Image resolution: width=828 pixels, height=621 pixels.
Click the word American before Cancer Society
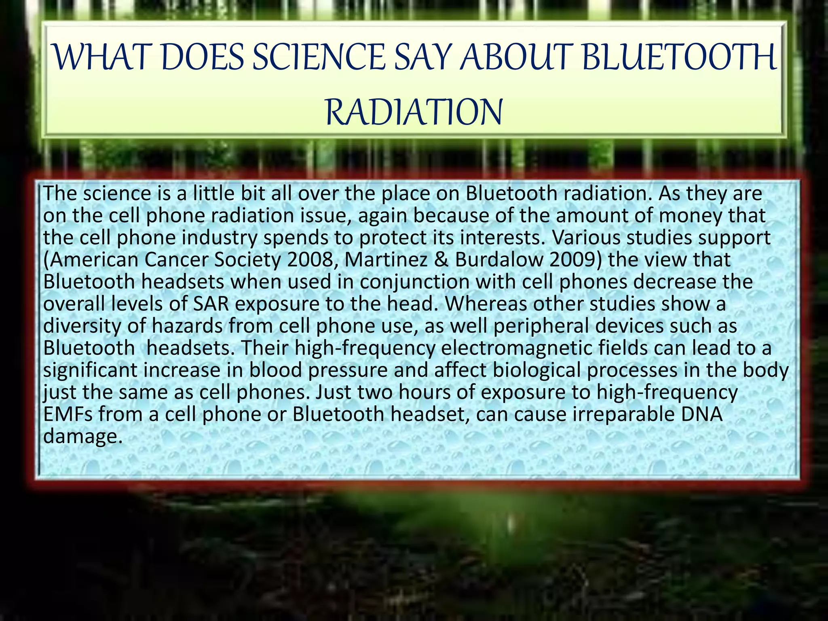pos(91,260)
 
